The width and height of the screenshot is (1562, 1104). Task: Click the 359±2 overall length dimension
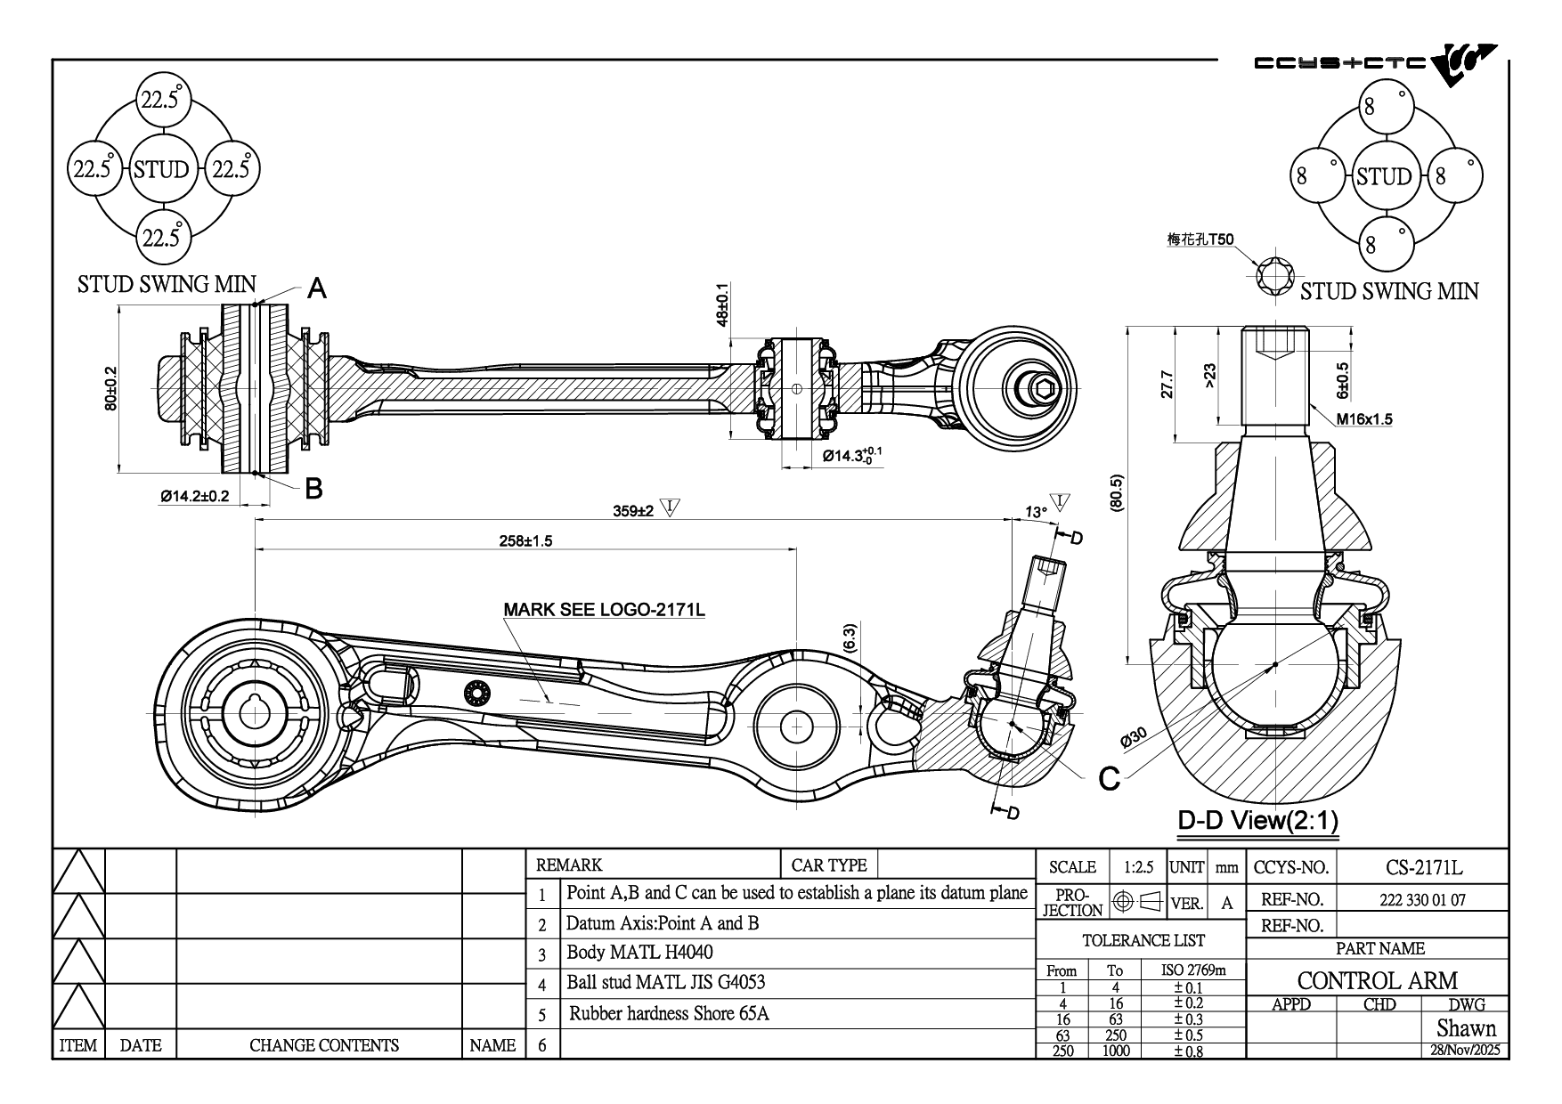(633, 511)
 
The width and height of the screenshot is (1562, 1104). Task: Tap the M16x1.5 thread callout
(1363, 418)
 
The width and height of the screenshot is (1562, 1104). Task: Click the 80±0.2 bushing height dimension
(110, 389)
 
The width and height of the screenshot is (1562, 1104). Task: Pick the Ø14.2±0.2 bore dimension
(195, 496)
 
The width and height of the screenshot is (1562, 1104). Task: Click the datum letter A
(316, 288)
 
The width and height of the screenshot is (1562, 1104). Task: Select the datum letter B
(313, 488)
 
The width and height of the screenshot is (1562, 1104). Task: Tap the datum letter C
(1109, 779)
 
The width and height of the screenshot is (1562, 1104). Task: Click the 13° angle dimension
(1036, 512)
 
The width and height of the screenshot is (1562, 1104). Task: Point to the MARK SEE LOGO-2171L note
(605, 610)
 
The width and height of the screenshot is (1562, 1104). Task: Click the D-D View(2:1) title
(1257, 820)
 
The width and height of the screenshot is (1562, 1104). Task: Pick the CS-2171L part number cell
(1424, 867)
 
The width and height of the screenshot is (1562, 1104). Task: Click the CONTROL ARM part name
(1377, 980)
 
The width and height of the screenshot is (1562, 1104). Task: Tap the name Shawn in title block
(1466, 1028)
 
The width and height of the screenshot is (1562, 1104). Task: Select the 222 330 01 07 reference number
(1422, 899)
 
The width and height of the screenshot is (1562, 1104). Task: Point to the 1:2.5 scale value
(1138, 867)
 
